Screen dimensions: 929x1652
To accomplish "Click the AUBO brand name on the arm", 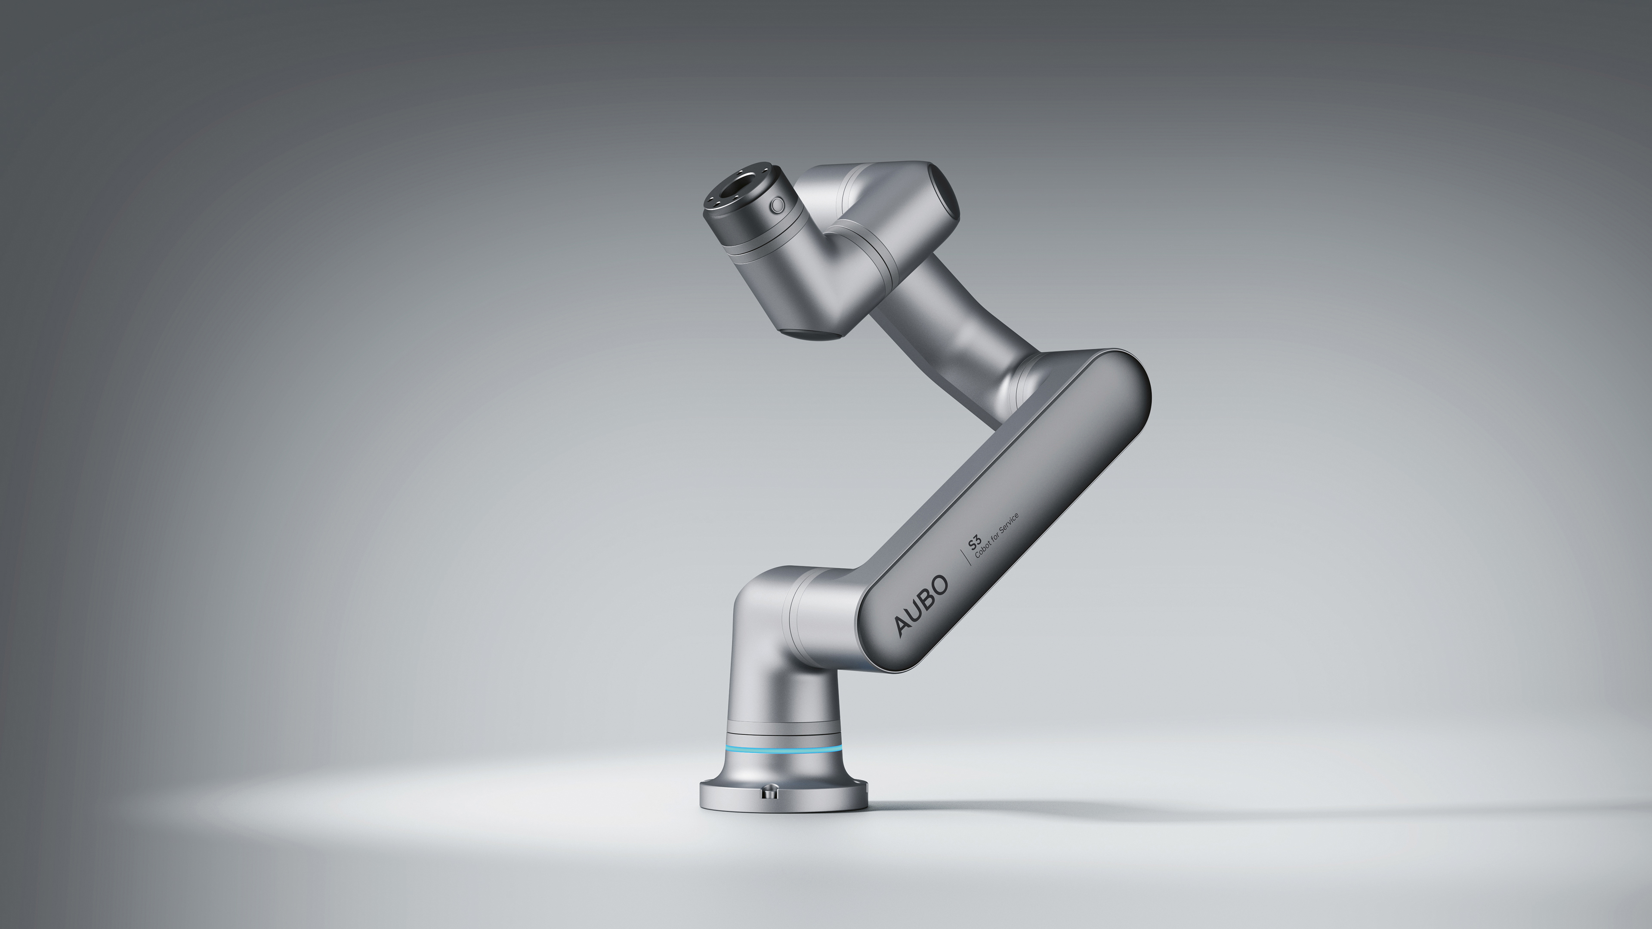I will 922,605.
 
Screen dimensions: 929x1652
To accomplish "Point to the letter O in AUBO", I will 940,585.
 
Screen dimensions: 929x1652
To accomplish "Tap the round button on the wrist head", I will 777,205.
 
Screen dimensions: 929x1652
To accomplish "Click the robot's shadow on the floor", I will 1219,809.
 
